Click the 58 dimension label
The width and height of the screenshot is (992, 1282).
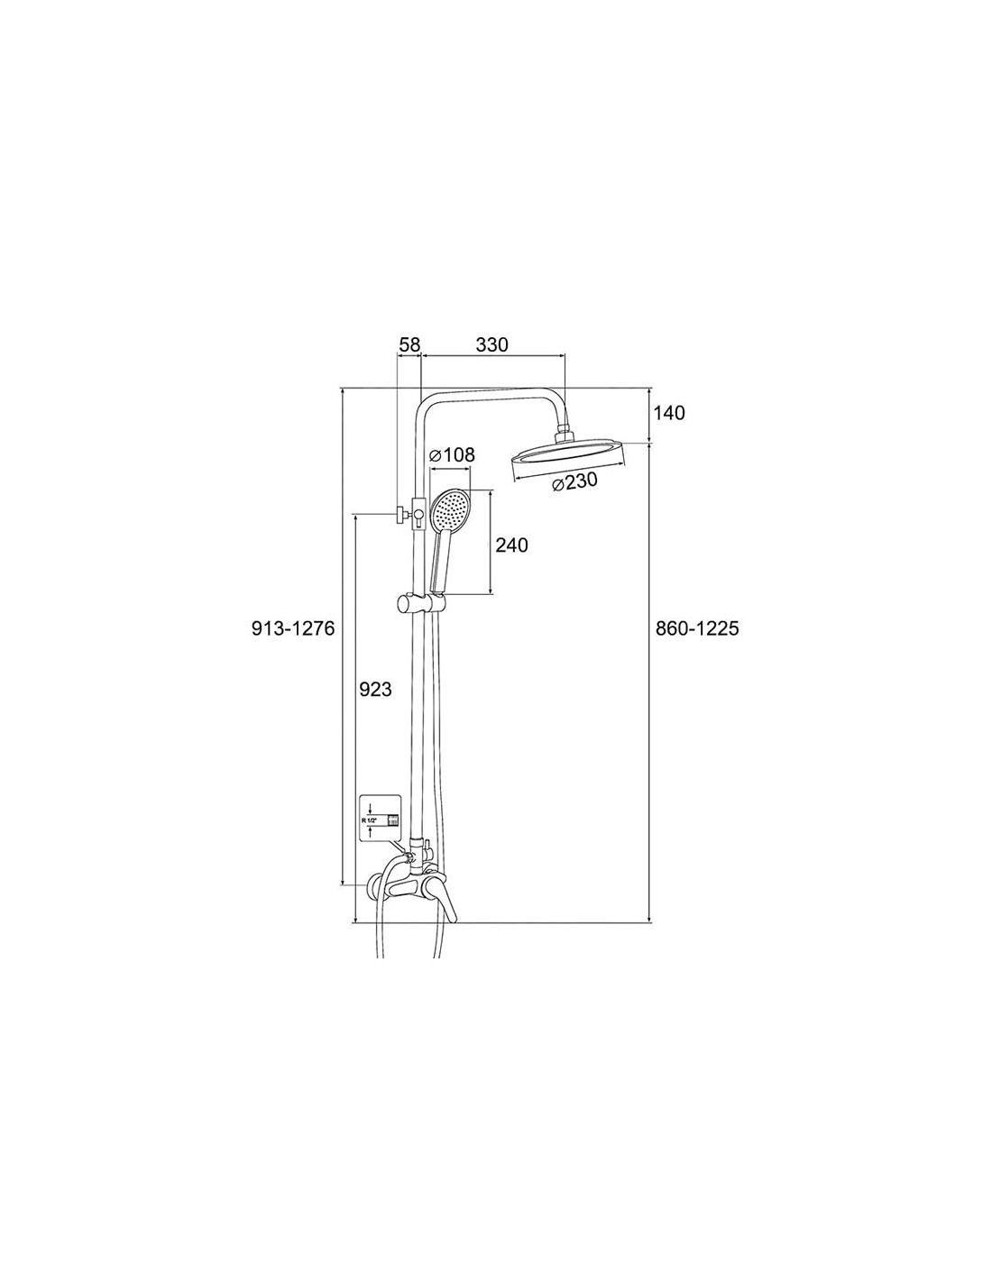409,345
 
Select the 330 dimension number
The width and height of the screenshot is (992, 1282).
491,345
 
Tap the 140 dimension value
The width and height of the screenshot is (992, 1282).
669,413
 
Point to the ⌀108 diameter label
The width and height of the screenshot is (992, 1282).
452,455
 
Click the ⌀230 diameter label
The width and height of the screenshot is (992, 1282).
574,482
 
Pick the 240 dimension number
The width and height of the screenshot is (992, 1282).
511,545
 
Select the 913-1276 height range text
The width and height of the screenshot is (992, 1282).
293,628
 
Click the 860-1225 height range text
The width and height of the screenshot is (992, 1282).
697,628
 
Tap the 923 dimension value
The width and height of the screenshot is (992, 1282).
375,689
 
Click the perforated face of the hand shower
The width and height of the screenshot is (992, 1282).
451,509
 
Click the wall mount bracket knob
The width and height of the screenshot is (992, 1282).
400,515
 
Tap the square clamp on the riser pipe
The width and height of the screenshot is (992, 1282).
419,515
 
